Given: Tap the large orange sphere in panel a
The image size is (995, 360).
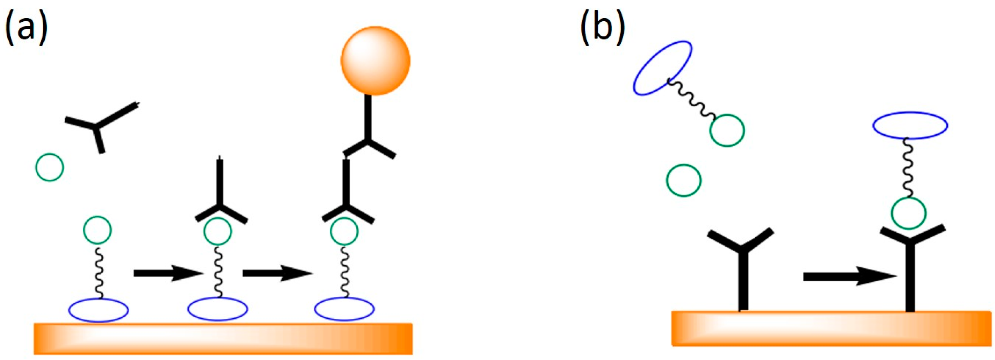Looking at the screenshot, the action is point(375,61).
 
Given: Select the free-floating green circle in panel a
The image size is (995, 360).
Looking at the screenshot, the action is point(50,167).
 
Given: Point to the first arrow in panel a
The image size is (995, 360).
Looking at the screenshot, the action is point(167,273).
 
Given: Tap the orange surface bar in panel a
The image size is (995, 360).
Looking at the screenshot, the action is point(223,338).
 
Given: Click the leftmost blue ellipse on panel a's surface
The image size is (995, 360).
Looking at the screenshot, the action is point(99,310).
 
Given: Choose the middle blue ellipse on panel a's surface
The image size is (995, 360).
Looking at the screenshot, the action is point(217,309).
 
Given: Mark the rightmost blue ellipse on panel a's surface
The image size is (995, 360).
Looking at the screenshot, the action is point(344,309).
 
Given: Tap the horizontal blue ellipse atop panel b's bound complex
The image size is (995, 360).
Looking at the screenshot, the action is point(910,125).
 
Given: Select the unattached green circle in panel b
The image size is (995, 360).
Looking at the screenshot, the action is point(684,180).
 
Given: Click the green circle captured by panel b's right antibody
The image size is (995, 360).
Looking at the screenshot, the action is point(909,213).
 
